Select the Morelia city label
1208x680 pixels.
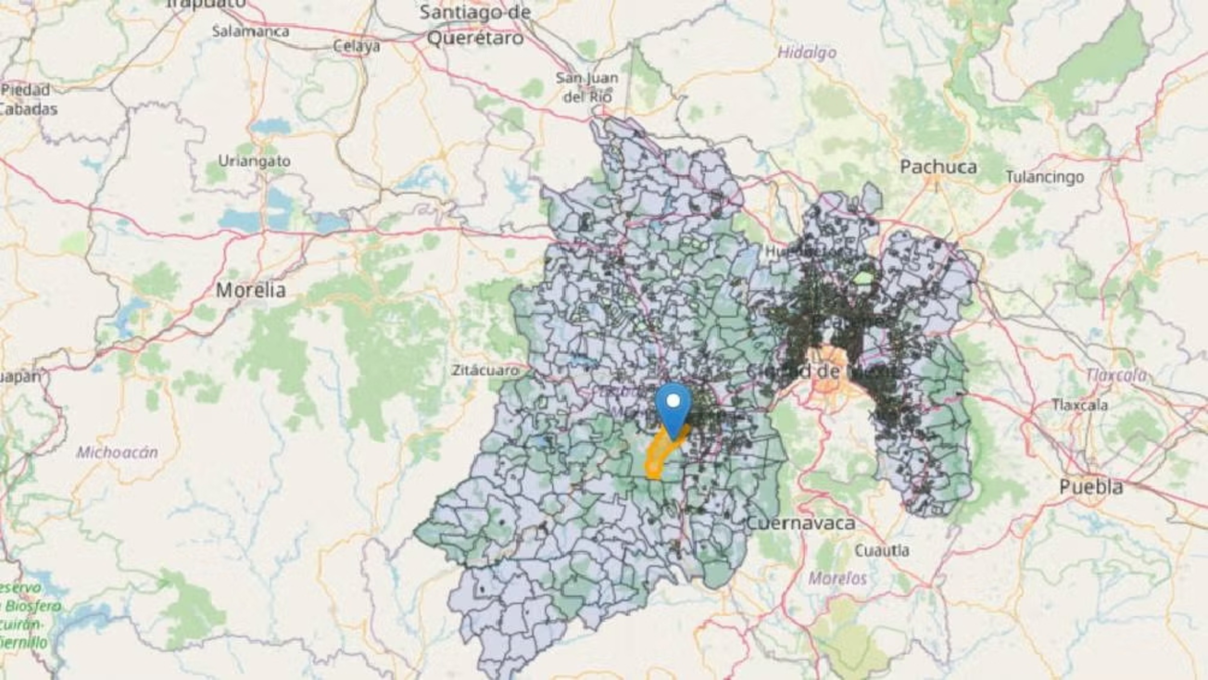pos(251,290)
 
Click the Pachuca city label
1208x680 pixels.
pos(938,167)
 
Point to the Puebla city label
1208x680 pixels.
pos(1092,486)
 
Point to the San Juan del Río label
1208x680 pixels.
pos(587,86)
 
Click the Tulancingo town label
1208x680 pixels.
pos(1044,176)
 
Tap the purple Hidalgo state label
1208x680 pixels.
pos(806,53)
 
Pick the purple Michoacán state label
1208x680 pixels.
pos(118,452)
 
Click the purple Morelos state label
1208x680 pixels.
pos(837,578)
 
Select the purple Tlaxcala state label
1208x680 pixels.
pos(1115,375)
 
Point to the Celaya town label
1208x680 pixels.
pos(357,45)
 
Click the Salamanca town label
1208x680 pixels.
pos(250,31)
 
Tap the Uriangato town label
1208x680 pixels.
pos(254,160)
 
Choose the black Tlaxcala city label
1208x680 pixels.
pos(1080,405)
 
